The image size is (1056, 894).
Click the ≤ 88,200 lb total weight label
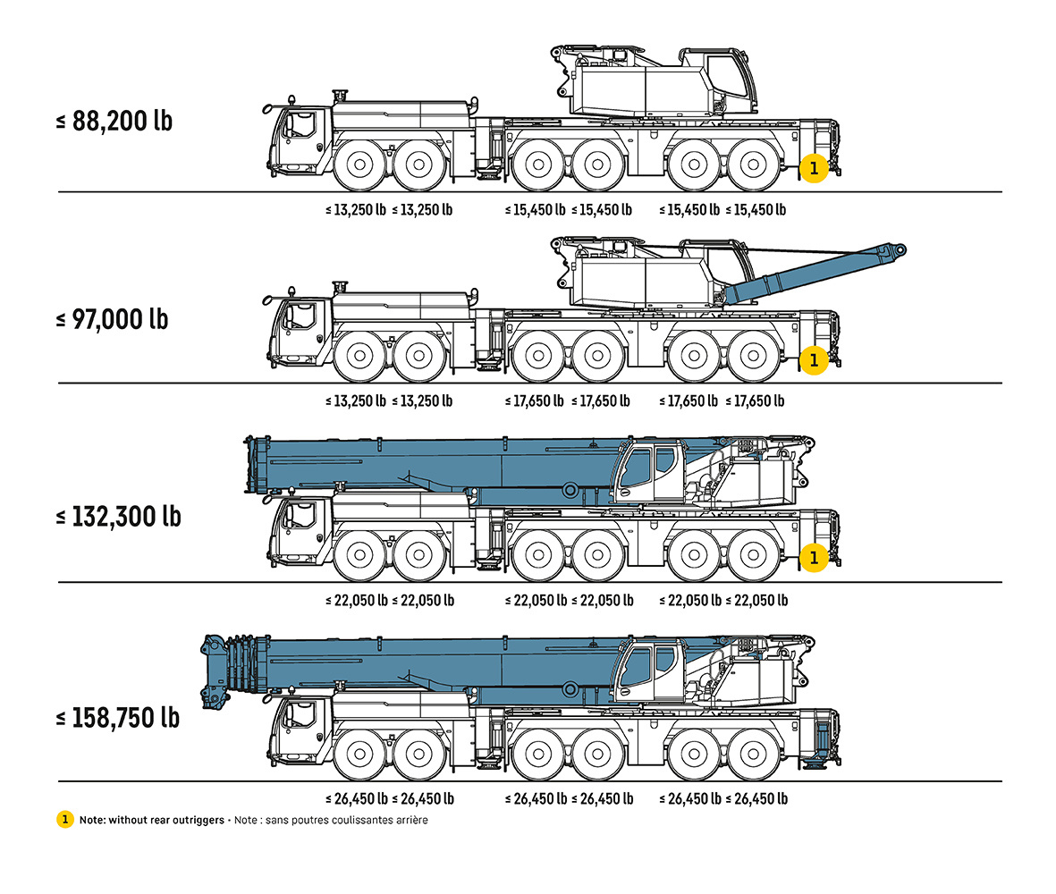[x=114, y=122]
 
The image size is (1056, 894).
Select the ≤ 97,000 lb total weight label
[x=112, y=319]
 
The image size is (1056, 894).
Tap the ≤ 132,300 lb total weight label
[x=119, y=517]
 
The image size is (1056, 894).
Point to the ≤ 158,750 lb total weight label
[x=118, y=718]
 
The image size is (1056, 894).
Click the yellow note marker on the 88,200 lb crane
[x=814, y=168]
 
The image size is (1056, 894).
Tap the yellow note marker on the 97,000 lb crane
[x=814, y=360]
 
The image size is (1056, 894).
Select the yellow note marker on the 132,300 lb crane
[x=814, y=557]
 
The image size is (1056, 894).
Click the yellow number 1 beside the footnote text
[x=64, y=819]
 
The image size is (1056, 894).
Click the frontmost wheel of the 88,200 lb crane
[x=359, y=164]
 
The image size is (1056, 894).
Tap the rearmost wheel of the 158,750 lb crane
[x=754, y=754]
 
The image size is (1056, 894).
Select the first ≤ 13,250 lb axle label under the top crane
[x=356, y=210]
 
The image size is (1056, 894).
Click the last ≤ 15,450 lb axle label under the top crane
[x=756, y=210]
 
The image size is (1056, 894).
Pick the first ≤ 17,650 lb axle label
[x=534, y=401]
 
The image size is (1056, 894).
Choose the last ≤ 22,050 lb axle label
[x=756, y=601]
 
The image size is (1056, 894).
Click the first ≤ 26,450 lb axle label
[x=356, y=799]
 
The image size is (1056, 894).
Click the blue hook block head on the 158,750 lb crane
[x=215, y=670]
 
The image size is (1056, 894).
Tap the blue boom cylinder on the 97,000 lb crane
[x=815, y=274]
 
